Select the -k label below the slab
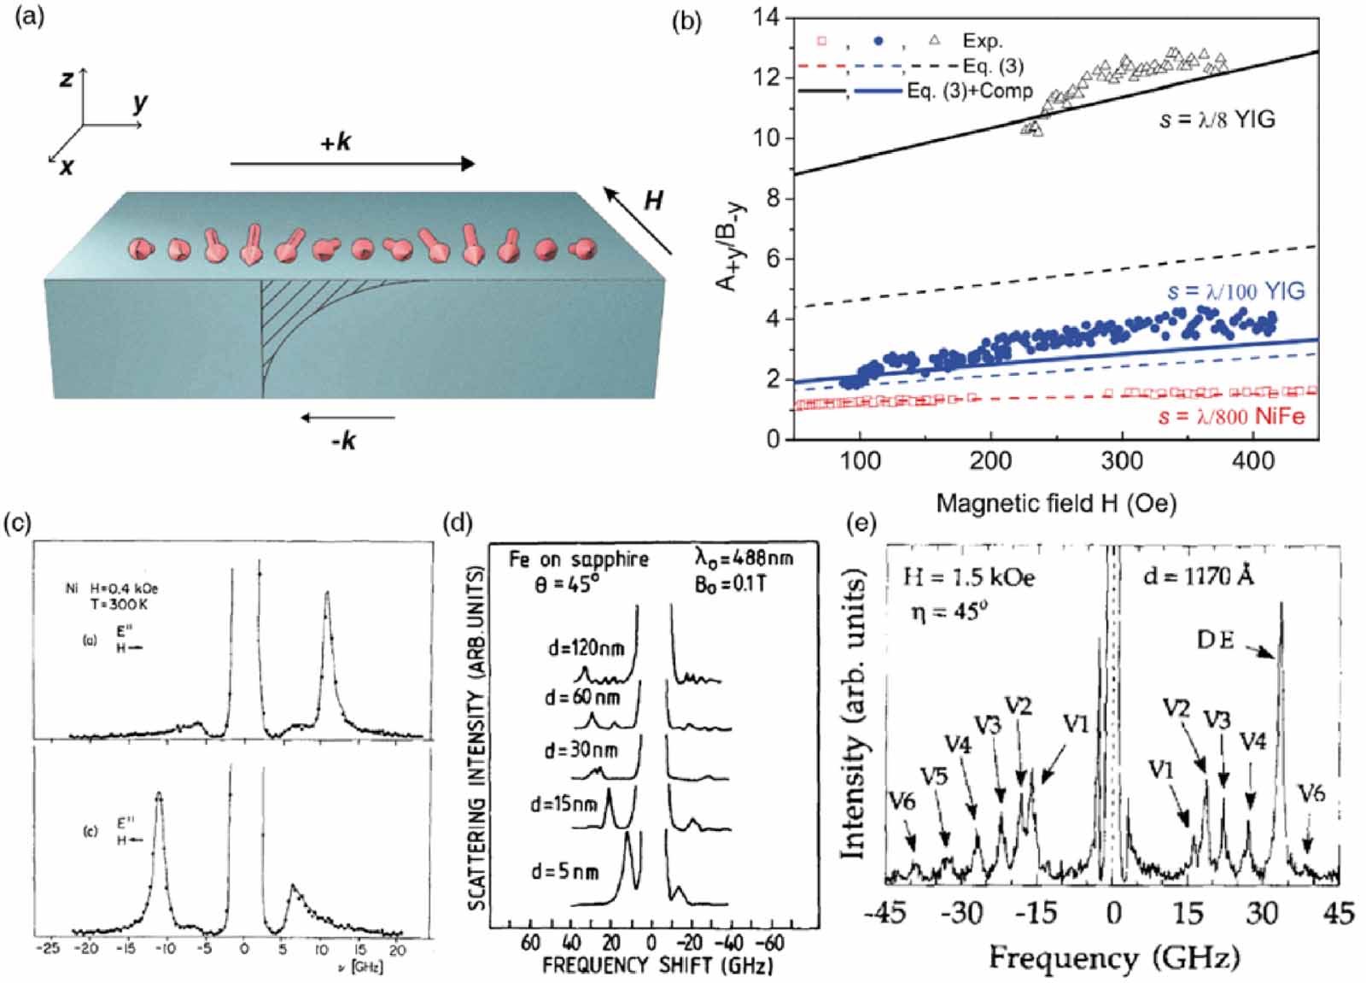343,441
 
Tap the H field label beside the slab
653,201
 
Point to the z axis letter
66,79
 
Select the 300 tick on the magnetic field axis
1121,461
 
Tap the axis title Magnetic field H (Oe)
1056,503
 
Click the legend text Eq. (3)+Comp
970,91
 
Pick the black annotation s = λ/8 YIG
1217,120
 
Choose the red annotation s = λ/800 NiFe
1232,416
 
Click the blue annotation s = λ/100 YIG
1235,291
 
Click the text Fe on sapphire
579,559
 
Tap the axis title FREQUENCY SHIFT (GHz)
657,966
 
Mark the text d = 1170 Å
1199,576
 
